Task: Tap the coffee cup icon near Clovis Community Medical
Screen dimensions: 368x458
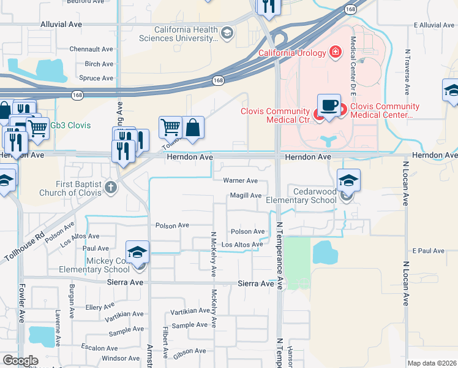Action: [329, 105]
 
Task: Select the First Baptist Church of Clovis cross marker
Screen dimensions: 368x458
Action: [110, 186]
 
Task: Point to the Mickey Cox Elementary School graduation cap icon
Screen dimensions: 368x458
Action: [138, 252]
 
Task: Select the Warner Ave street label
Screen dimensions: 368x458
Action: [240, 181]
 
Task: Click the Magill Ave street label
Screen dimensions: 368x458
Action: [246, 196]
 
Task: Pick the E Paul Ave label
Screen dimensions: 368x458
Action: [428, 251]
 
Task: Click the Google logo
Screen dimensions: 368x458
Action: [20, 361]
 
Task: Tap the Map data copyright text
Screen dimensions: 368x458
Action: [432, 363]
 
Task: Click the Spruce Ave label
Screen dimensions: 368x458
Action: [97, 78]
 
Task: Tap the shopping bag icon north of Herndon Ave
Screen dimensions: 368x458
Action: [192, 128]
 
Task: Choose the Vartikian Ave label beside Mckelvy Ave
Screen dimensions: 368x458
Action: [190, 311]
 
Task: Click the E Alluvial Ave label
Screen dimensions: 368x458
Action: [435, 25]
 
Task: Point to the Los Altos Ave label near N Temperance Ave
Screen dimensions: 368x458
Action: [241, 245]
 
